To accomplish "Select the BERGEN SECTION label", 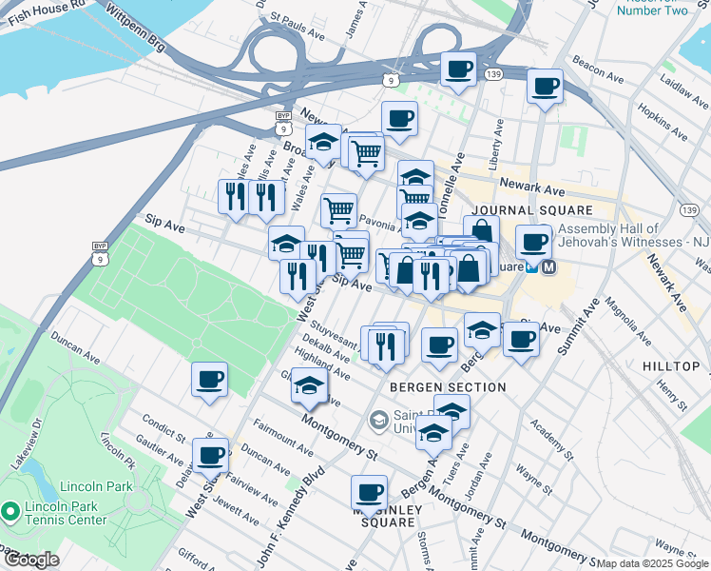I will pyautogui.click(x=448, y=387).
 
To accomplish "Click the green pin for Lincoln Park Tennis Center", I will pyautogui.click(x=10, y=513).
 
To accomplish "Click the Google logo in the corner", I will pyautogui.click(x=30, y=560).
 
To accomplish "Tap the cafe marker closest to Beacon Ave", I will pyautogui.click(x=545, y=87).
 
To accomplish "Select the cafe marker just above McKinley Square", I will pyautogui.click(x=369, y=493).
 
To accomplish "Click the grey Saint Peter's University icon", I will pyautogui.click(x=379, y=419).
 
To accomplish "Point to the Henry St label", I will pyautogui.click(x=671, y=390).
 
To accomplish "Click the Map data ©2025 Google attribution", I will pyautogui.click(x=652, y=563).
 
